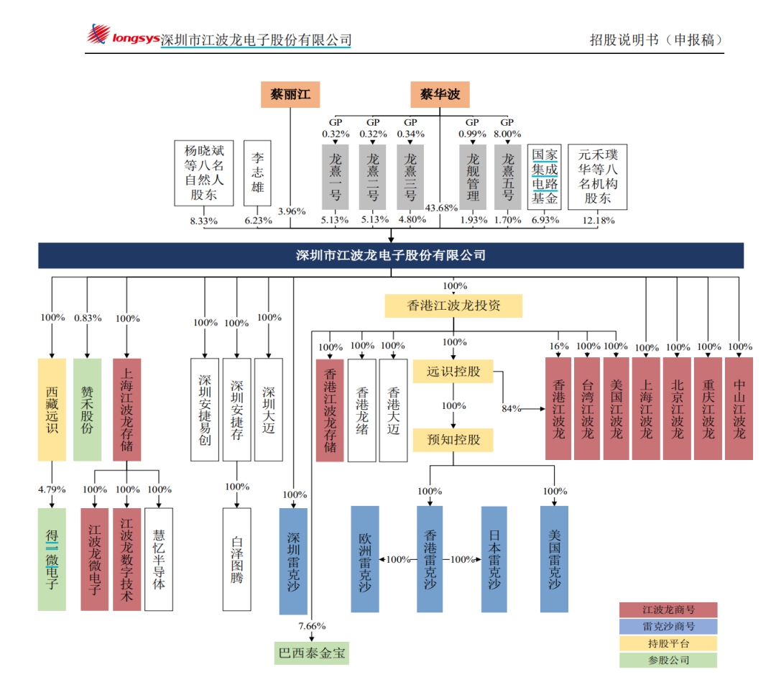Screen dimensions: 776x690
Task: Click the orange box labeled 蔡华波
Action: pyautogui.click(x=440, y=94)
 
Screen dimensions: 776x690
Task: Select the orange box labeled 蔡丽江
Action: pyautogui.click(x=290, y=94)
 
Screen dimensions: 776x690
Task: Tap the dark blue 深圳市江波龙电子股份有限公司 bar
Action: pyautogui.click(x=390, y=255)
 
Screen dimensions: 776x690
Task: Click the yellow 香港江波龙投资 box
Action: pyautogui.click(x=453, y=306)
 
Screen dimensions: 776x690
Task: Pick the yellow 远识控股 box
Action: pyautogui.click(x=453, y=371)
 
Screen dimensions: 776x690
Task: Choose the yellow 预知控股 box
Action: pyautogui.click(x=453, y=440)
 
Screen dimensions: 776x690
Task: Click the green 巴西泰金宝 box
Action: pyautogui.click(x=311, y=653)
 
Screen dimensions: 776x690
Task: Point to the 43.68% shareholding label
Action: pyautogui.click(x=441, y=208)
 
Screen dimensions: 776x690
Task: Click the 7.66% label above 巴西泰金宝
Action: pyautogui.click(x=312, y=626)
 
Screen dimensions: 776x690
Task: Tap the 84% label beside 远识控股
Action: pyautogui.click(x=512, y=408)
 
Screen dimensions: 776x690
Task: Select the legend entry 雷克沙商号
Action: pyautogui.click(x=668, y=627)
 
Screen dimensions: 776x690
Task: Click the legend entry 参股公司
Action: pyautogui.click(x=668, y=661)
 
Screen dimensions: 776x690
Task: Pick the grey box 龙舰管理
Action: pyautogui.click(x=473, y=178)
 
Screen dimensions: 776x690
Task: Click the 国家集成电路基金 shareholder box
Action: pyautogui.click(x=545, y=177)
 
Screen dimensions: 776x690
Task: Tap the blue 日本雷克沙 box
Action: pyautogui.click(x=494, y=559)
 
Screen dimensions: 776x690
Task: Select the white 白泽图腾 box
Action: pyautogui.click(x=236, y=559)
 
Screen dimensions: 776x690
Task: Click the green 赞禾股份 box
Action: pyautogui.click(x=87, y=410)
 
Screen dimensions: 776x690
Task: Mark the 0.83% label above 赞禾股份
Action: pyautogui.click(x=88, y=318)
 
